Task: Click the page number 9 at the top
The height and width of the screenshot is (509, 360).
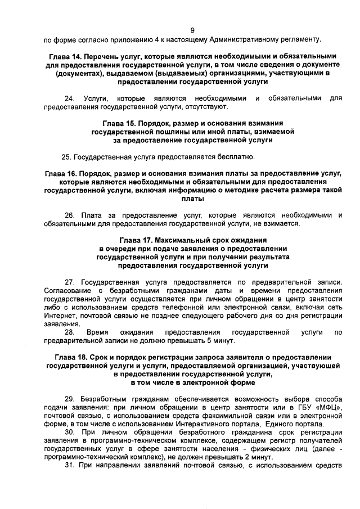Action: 192,30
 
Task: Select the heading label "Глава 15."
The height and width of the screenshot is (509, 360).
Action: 121,123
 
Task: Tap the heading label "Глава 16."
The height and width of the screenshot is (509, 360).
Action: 62,174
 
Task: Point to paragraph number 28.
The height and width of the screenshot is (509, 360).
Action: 70,333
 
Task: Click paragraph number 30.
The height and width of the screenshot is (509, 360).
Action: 70,431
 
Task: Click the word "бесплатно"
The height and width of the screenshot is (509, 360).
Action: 237,156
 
